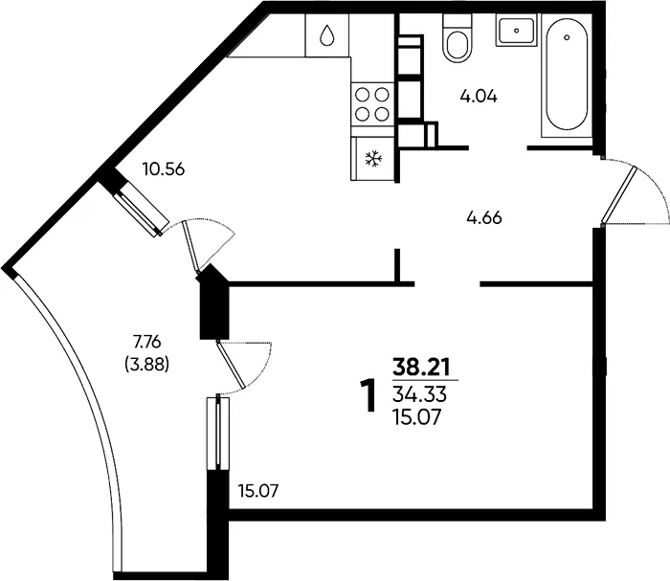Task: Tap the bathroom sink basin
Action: point(516,31)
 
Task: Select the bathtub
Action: point(567,76)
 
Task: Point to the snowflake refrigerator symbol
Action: point(372,159)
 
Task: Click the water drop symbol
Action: point(327,35)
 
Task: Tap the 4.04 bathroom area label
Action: point(479,97)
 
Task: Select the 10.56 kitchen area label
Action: point(164,169)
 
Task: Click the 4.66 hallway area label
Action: point(484,218)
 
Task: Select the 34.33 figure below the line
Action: point(419,395)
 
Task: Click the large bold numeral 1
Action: point(368,396)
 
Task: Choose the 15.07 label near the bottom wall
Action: point(258,491)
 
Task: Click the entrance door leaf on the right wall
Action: point(618,195)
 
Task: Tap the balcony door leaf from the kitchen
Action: point(191,247)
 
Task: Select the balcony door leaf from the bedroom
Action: point(232,365)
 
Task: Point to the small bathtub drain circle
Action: point(567,37)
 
